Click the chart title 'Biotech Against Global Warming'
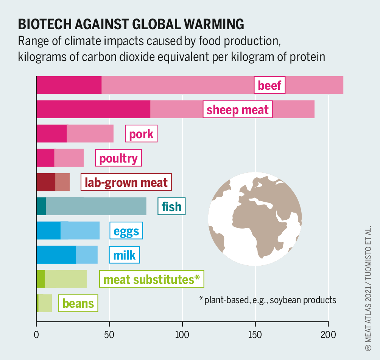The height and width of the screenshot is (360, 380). (131, 24)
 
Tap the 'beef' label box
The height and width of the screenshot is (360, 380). (269, 85)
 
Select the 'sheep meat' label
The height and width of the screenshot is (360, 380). (238, 110)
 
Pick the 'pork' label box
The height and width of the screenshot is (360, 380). (141, 134)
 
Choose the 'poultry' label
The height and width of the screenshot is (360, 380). (118, 158)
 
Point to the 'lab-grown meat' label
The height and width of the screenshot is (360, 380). (126, 182)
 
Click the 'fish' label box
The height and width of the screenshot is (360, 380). (171, 207)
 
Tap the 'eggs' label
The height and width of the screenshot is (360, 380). (126, 231)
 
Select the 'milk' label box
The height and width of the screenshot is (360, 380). (125, 255)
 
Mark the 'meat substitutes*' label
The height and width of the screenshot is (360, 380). (151, 279)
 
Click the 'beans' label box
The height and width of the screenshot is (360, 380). (78, 304)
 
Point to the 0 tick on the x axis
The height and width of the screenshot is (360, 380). (36, 325)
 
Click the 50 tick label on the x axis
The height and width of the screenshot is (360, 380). (109, 325)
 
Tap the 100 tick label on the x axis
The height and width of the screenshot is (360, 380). (182, 325)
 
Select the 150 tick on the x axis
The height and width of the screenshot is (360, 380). (255, 325)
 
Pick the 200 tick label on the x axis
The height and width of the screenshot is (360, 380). (328, 325)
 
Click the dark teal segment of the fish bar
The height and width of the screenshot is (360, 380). (41, 207)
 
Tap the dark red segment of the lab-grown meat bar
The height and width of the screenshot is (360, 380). (46, 182)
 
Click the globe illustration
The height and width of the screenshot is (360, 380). (255, 219)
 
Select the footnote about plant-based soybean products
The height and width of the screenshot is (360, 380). (268, 300)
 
